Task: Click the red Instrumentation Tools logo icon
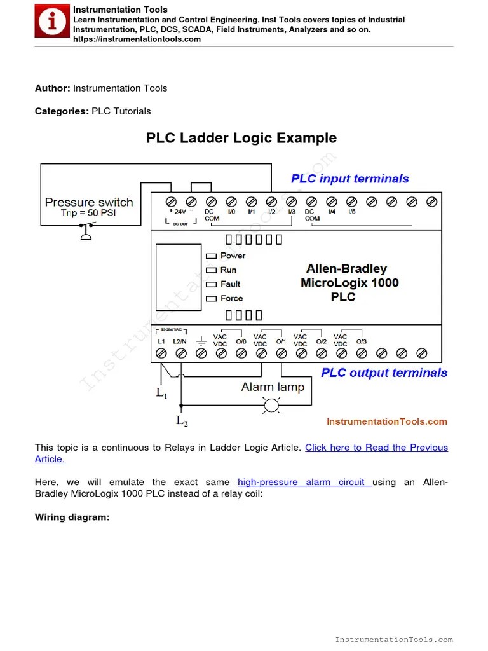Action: pyautogui.click(x=52, y=22)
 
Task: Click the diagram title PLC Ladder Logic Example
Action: pyautogui.click(x=241, y=138)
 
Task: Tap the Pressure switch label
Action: pyautogui.click(x=89, y=202)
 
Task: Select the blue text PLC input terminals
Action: pyautogui.click(x=349, y=179)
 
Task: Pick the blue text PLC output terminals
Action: pyautogui.click(x=384, y=373)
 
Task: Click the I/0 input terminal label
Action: pyautogui.click(x=231, y=212)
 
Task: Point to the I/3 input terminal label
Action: pyautogui.click(x=292, y=212)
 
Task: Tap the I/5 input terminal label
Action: pyautogui.click(x=351, y=212)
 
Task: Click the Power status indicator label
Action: pyautogui.click(x=233, y=256)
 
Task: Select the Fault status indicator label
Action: pyautogui.click(x=230, y=284)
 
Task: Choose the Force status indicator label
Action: pyautogui.click(x=231, y=298)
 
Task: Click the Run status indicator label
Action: pyautogui.click(x=228, y=270)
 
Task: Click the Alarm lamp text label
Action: pyautogui.click(x=273, y=387)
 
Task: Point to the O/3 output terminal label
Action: pyautogui.click(x=361, y=341)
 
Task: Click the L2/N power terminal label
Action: pyautogui.click(x=181, y=341)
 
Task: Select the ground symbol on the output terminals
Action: pyautogui.click(x=201, y=342)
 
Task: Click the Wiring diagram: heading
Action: pyautogui.click(x=72, y=517)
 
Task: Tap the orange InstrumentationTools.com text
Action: pyautogui.click(x=386, y=421)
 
